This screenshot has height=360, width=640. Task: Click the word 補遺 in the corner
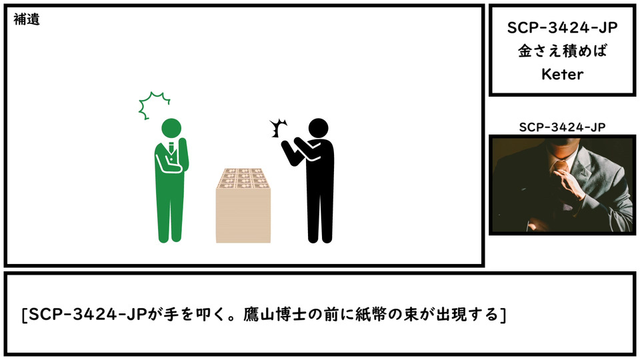27,19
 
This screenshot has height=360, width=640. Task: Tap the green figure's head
171,128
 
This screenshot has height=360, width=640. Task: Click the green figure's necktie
171,148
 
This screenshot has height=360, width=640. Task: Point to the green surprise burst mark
153,105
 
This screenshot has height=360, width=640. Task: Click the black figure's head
319,128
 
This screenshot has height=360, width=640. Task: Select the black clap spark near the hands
279,128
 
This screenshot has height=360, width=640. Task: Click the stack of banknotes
243,205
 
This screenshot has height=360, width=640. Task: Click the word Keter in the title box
563,74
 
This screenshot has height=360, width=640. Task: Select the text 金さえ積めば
563,51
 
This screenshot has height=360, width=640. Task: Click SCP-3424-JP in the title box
563,28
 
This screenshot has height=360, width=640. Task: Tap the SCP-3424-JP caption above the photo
563,127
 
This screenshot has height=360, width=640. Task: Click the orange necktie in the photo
561,167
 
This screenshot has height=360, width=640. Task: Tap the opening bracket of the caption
25,315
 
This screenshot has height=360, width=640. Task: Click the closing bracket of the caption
503,315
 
